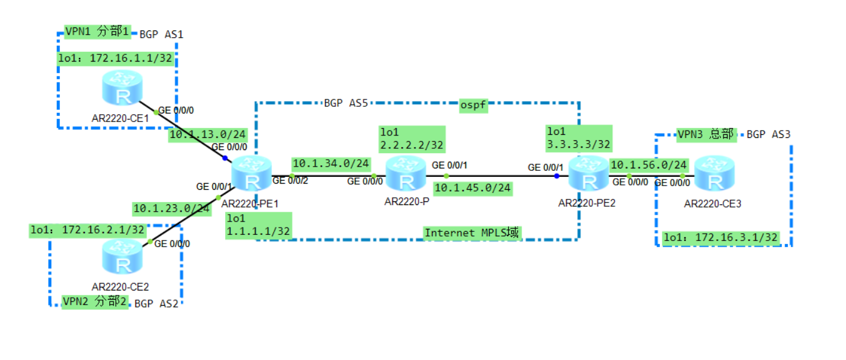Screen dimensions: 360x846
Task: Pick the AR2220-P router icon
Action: [404, 173]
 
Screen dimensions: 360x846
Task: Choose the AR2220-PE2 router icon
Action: [588, 173]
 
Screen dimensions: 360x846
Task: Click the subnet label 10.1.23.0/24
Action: [171, 209]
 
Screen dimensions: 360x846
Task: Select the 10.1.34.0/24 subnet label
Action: [331, 164]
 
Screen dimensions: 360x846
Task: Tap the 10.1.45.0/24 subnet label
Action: [473, 188]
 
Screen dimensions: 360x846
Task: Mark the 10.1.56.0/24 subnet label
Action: [649, 164]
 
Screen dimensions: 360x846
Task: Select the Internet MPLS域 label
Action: [472, 232]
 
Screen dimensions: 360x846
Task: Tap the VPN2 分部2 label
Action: [96, 301]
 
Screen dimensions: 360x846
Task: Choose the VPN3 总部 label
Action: [706, 134]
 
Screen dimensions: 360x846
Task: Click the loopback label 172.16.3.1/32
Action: [721, 238]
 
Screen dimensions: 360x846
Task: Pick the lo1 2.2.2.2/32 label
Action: [411, 139]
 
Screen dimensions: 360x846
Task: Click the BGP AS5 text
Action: [346, 103]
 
